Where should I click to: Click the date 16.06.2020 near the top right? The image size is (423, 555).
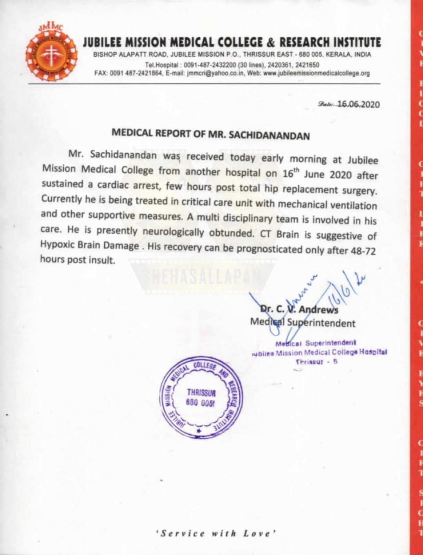pos(358,104)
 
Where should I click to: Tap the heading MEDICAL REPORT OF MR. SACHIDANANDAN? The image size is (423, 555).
pos(211,134)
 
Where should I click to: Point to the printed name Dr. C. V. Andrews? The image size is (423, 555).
pos(299,309)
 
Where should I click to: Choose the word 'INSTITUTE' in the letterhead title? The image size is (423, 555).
pos(357,42)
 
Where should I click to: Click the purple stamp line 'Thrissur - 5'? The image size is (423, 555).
pos(316,361)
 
